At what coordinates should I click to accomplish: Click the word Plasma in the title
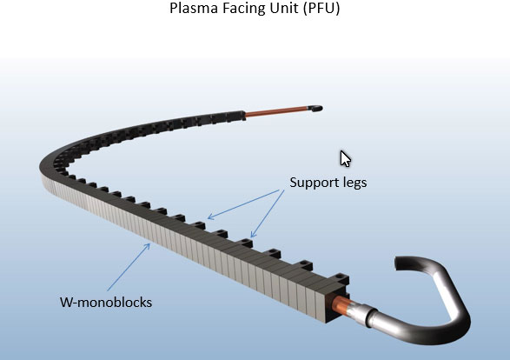(194, 8)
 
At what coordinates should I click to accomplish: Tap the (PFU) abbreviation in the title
(321, 9)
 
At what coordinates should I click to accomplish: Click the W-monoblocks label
(106, 303)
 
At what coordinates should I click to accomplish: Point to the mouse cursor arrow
(346, 159)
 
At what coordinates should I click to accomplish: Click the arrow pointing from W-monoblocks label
(129, 267)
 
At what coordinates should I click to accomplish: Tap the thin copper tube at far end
(277, 110)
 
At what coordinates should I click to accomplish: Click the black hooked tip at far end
(315, 109)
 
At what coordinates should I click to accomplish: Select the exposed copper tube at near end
(340, 304)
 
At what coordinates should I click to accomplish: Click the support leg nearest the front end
(341, 279)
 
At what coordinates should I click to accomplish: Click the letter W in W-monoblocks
(66, 303)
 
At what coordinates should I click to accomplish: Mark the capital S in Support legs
(294, 183)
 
